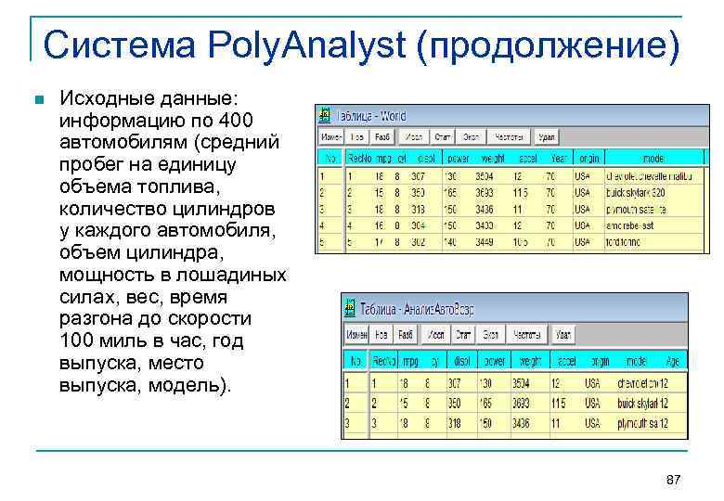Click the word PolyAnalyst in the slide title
coord(306,45)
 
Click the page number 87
coord(674,480)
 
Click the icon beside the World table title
coord(324,115)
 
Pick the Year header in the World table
coord(559,156)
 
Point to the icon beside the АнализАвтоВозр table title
coord(350,307)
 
